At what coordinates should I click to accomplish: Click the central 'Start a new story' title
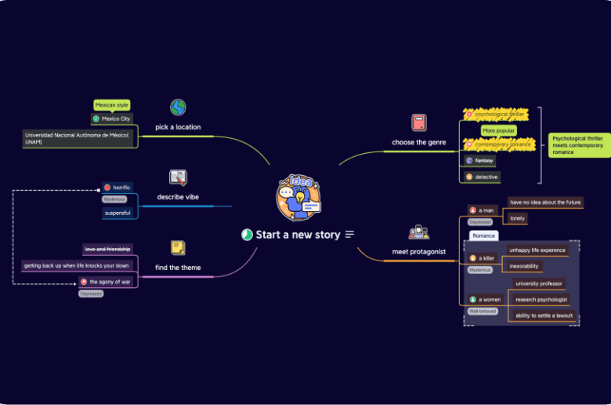[x=298, y=234]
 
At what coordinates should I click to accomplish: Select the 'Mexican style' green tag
[x=111, y=104]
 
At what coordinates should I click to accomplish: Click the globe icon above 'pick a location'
[x=178, y=107]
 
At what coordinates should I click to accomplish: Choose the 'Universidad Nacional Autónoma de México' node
[x=78, y=138]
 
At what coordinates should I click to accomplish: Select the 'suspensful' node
[x=117, y=213]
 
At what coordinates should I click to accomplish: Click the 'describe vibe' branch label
[x=178, y=197]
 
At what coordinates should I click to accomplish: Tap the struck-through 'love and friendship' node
[x=108, y=249]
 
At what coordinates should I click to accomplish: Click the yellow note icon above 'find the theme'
[x=178, y=248]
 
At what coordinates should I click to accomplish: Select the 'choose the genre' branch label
[x=419, y=142]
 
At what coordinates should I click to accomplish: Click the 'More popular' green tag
[x=499, y=130]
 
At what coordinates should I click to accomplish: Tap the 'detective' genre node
[x=486, y=177]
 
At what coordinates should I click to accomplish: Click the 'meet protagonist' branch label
[x=419, y=252]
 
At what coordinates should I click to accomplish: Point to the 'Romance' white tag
[x=483, y=235]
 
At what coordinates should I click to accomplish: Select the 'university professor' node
[x=538, y=283]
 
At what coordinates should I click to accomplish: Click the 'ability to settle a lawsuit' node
[x=544, y=316]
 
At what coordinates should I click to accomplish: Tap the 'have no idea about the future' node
[x=545, y=202]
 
